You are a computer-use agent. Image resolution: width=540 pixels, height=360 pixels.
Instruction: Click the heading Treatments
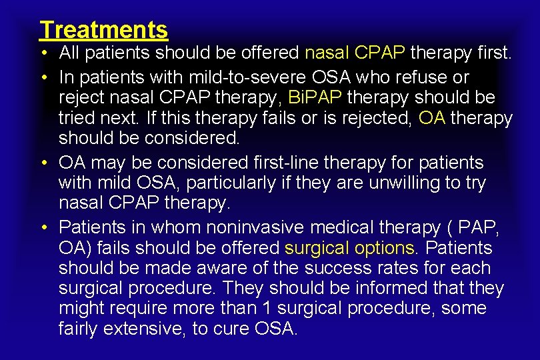pos(103,29)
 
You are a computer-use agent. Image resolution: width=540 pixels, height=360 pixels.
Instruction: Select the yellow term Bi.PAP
pos(315,97)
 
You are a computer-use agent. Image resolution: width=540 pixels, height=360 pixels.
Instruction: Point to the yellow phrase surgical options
pos(349,248)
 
